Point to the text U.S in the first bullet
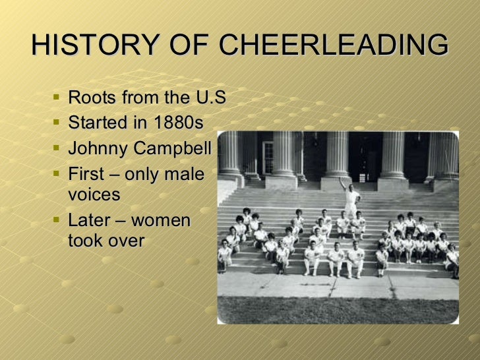[x=209, y=99]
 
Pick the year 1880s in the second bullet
[x=177, y=123]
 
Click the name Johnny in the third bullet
[x=98, y=148]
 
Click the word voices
[x=94, y=195]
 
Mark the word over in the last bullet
[x=126, y=241]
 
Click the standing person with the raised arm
[x=350, y=198]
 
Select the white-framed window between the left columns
[x=268, y=158]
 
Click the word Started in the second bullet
[x=96, y=123]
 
